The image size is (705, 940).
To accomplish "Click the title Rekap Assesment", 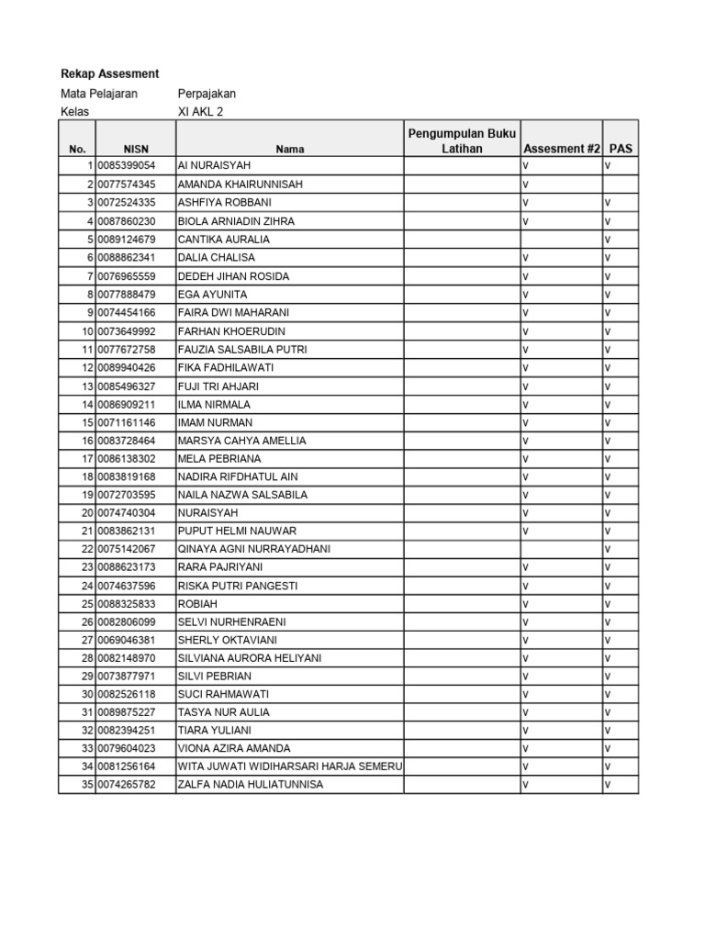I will (x=109, y=73).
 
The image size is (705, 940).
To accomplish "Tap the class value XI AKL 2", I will (x=200, y=112).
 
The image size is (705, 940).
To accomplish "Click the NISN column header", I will (x=135, y=149).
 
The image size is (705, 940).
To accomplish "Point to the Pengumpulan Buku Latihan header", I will (x=462, y=141).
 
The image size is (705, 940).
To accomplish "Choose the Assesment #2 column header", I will (x=561, y=149).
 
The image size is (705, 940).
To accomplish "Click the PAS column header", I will (x=621, y=149).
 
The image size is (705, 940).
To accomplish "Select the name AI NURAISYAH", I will (x=213, y=166).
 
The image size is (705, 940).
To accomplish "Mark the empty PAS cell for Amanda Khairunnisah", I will (x=621, y=185).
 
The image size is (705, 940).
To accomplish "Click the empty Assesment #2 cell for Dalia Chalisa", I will (x=561, y=258).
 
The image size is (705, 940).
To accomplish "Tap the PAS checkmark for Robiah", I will (x=608, y=604).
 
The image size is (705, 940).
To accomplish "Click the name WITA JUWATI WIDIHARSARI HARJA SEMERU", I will (x=289, y=767).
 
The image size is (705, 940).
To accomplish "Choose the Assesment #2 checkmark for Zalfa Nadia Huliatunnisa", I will (x=526, y=785).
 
